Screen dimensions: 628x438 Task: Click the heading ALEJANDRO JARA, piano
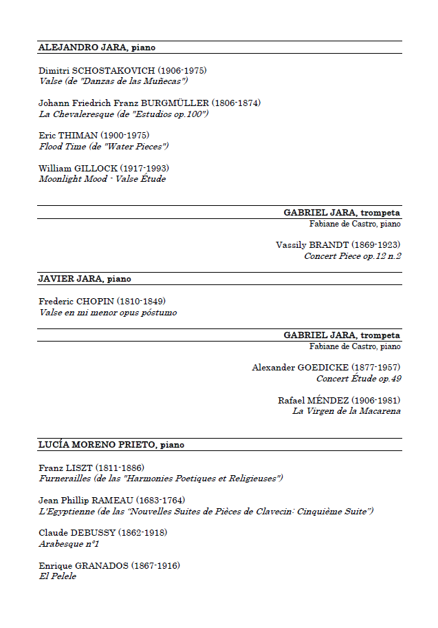(97, 48)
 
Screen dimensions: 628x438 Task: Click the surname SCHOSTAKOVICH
(113, 70)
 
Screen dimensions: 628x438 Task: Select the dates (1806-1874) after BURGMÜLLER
(236, 103)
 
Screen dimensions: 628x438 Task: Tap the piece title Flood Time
(63, 146)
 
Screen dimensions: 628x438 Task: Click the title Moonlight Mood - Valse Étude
(102, 179)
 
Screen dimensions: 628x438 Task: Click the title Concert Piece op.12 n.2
(352, 256)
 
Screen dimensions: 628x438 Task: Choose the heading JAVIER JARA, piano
(85, 279)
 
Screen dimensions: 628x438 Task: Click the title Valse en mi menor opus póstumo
(107, 313)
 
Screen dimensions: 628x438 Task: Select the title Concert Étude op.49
(358, 379)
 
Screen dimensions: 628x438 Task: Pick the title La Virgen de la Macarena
(346, 411)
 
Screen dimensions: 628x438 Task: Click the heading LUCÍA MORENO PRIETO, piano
(111, 445)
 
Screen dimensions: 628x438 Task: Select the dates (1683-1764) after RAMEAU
(160, 500)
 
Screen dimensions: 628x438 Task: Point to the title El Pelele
(57, 576)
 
